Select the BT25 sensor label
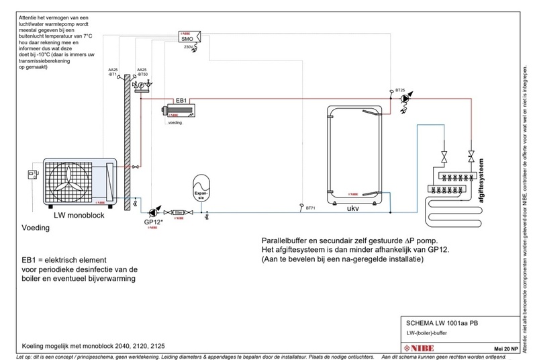pyautogui.click(x=399, y=89)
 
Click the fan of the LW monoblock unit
pyautogui.click(x=69, y=182)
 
